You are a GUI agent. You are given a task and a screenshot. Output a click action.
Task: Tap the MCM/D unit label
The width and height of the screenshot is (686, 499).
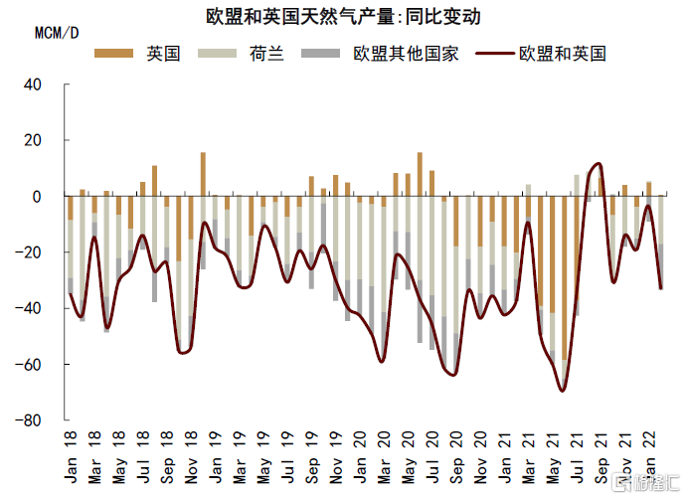coord(57,32)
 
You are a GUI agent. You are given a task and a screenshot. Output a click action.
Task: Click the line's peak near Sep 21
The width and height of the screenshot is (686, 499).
coord(598,164)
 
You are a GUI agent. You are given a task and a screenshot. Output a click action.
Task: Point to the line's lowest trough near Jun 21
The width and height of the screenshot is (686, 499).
coord(563,391)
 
